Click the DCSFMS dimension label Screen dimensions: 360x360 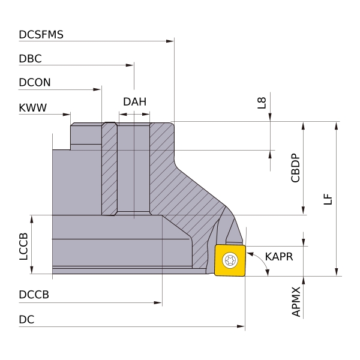click(x=41, y=35)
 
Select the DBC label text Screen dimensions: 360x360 click(x=31, y=59)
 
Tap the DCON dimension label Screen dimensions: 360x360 click(x=35, y=83)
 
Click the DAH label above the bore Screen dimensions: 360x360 click(x=134, y=101)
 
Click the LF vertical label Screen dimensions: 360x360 click(x=327, y=199)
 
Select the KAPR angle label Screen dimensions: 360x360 click(x=279, y=257)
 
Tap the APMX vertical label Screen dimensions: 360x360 click(x=295, y=302)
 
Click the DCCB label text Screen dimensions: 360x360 click(x=34, y=295)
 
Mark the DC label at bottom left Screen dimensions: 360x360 click(x=26, y=320)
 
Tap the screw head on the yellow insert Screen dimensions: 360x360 click(x=230, y=260)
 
